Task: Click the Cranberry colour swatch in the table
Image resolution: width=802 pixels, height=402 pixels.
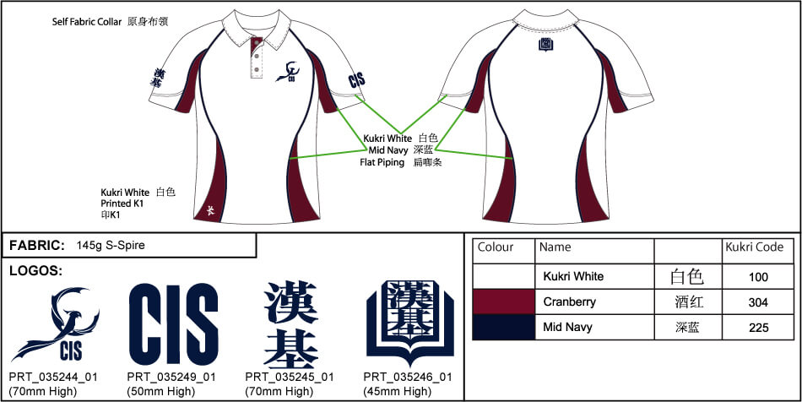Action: pos(504,301)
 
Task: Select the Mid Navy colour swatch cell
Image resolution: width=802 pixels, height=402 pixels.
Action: pos(504,327)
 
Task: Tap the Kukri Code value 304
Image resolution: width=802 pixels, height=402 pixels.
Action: pos(758,302)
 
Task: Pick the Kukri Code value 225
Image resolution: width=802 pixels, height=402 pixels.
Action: pos(758,328)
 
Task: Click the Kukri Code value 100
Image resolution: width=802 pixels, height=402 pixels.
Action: pos(758,277)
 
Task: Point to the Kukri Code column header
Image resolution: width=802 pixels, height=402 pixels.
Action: pos(755,247)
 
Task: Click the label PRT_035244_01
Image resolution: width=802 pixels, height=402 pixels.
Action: pos(53,378)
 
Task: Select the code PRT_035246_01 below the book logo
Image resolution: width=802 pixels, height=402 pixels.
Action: pos(408,378)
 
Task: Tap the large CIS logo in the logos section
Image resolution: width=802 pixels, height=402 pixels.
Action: pos(173,324)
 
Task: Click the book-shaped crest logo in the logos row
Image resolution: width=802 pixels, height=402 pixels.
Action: pos(410,323)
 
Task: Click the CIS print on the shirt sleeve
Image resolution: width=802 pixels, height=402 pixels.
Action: pos(356,80)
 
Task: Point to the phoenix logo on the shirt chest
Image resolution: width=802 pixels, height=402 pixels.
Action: pos(288,71)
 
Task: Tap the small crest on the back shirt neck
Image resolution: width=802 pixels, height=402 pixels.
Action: pos(545,45)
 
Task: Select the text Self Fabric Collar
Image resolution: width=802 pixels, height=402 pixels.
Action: pos(87,22)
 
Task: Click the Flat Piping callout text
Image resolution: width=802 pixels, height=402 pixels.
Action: pos(382,163)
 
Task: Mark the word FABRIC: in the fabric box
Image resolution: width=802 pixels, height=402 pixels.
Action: pos(37,246)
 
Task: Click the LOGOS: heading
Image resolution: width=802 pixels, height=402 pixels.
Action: pos(35,270)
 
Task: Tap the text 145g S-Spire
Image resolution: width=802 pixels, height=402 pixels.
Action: pos(111,246)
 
